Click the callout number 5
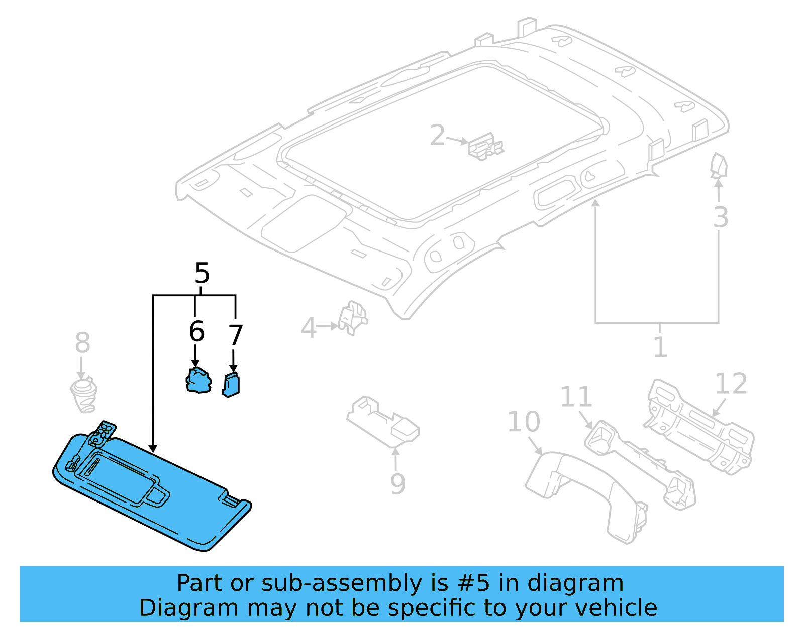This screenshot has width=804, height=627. [202, 274]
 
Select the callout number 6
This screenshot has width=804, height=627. [196, 332]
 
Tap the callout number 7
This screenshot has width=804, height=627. [235, 335]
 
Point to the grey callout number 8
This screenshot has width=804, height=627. [82, 343]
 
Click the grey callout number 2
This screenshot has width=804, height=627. [438, 135]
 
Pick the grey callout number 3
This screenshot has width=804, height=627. [720, 218]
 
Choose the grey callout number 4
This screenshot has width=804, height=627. [308, 329]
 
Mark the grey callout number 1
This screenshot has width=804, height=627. [660, 347]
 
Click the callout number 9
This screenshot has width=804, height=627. [397, 484]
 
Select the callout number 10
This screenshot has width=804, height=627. [524, 422]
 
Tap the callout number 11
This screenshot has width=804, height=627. [576, 397]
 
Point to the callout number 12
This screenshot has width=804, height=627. [731, 384]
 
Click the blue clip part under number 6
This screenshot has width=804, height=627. [198, 381]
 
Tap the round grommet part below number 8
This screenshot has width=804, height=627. [83, 395]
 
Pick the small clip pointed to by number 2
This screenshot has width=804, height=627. [484, 147]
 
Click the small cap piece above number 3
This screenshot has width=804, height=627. [719, 166]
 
